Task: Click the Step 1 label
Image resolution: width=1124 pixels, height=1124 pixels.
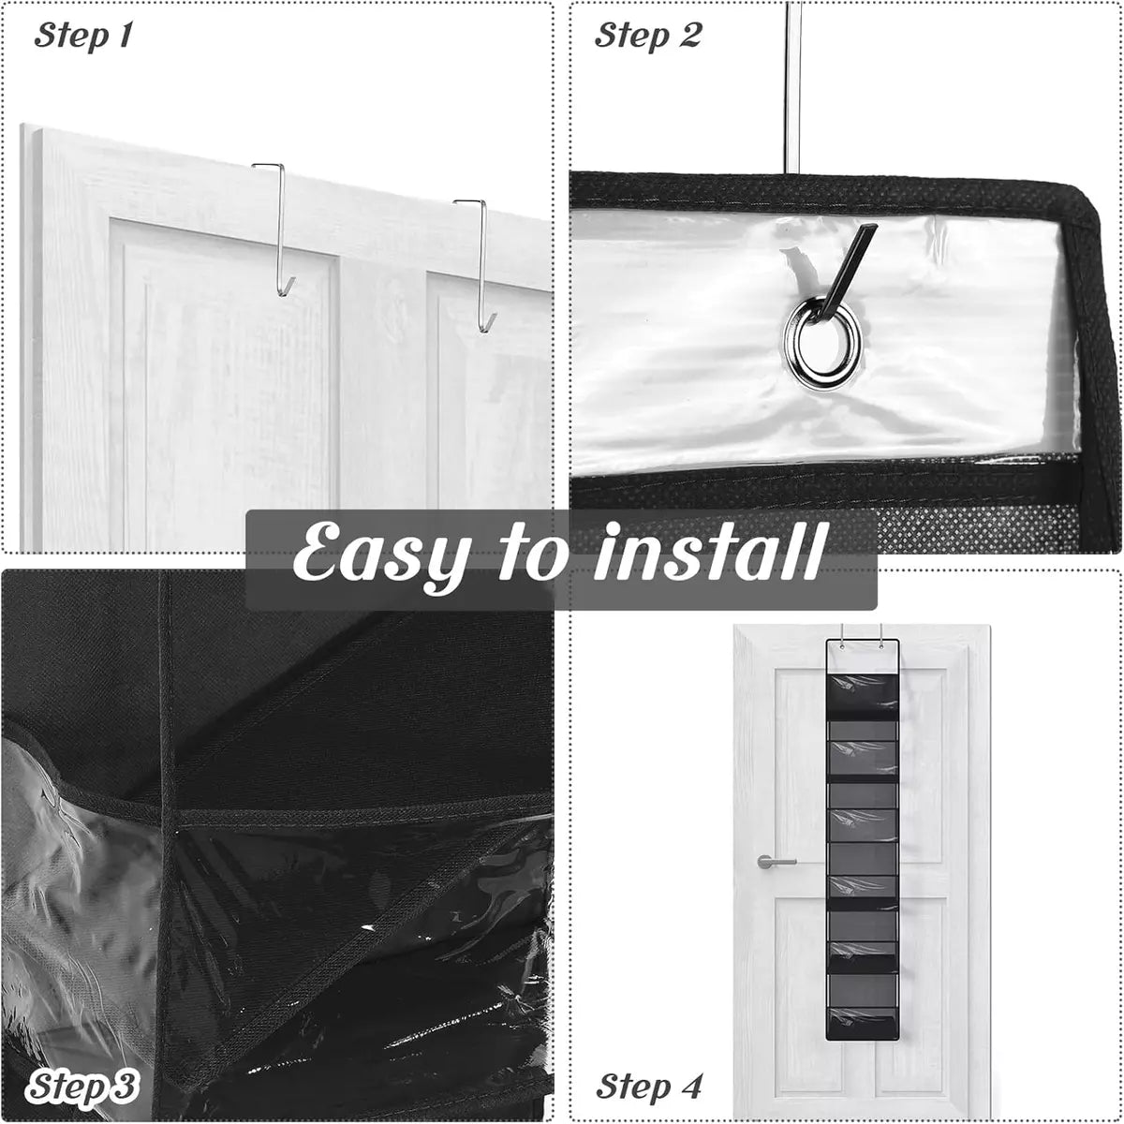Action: (83, 36)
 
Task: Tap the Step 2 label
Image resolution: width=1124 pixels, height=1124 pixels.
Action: (647, 36)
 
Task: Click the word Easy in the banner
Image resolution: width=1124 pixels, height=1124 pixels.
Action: (380, 552)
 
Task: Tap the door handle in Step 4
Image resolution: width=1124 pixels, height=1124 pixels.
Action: (776, 861)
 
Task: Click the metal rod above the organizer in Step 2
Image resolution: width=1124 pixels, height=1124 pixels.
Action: (794, 87)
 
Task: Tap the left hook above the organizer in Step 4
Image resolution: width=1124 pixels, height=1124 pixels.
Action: (843, 636)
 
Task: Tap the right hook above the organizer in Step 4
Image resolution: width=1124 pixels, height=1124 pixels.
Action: (880, 636)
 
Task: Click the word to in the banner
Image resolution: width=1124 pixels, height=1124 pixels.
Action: (531, 552)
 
